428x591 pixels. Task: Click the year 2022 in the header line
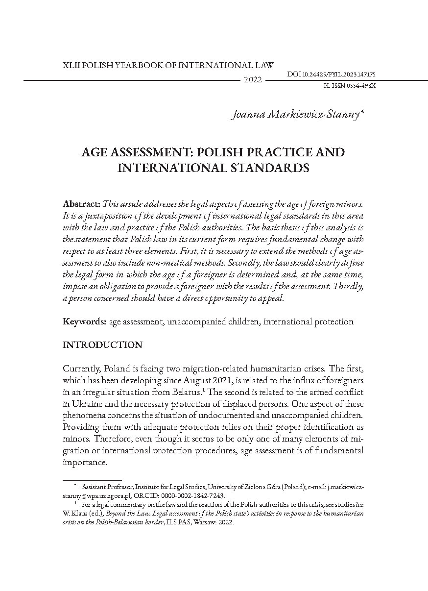click(253, 80)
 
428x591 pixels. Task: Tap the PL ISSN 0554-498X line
click(350, 85)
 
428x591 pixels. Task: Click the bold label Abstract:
click(82, 203)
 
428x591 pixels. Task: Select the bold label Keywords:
click(84, 322)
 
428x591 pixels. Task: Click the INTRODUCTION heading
click(102, 345)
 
